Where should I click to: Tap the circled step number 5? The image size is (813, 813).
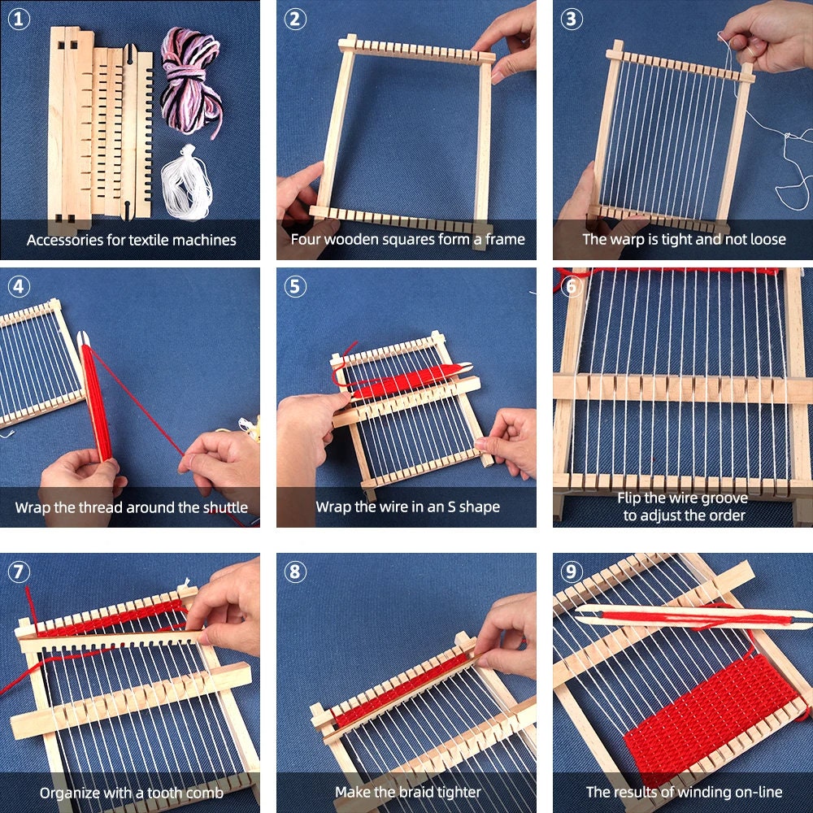(x=294, y=287)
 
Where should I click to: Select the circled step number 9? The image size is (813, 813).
(x=571, y=572)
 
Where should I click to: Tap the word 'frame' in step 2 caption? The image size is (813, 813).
(x=505, y=240)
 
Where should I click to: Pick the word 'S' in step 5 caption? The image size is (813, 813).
(x=450, y=507)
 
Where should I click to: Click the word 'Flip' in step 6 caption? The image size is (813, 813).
(x=632, y=498)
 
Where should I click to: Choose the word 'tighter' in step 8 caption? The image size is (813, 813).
(x=454, y=792)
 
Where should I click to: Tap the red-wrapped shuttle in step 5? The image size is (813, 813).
(x=406, y=380)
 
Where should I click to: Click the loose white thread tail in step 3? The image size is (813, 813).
(x=785, y=163)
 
